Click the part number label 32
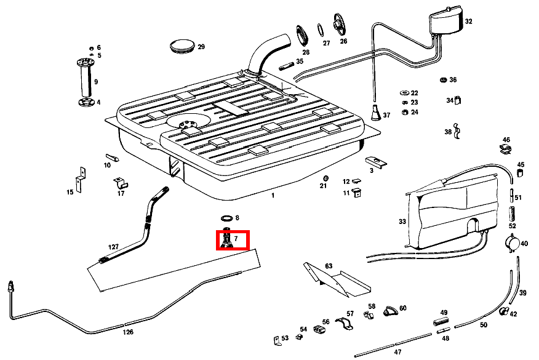click(469, 21)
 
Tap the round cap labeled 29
click(182, 46)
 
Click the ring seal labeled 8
click(226, 218)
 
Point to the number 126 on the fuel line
click(127, 332)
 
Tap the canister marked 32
click(445, 23)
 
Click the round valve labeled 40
click(511, 243)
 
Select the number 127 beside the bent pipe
click(113, 247)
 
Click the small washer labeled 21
click(325, 178)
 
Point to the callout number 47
click(397, 352)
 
